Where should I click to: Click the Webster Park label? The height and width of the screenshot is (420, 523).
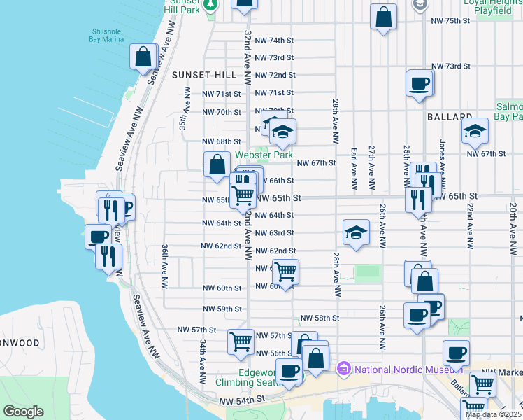point(264,154)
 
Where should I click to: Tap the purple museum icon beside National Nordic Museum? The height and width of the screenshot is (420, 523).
point(344,369)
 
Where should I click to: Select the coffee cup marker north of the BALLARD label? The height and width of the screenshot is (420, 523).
point(420,84)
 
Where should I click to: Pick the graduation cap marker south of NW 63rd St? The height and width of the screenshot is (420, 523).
point(356,232)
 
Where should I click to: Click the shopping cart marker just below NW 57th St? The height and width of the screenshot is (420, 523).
point(241,342)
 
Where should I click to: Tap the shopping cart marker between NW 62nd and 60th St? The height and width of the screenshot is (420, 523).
point(285,271)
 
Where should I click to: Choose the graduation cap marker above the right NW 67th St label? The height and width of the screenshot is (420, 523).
point(474,130)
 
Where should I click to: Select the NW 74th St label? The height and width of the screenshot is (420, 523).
point(275,41)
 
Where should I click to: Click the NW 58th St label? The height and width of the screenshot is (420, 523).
point(320,317)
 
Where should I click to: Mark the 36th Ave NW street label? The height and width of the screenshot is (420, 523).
point(165,267)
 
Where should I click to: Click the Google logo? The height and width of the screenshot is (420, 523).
point(23,412)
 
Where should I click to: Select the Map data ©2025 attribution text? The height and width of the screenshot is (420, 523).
point(492,414)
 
